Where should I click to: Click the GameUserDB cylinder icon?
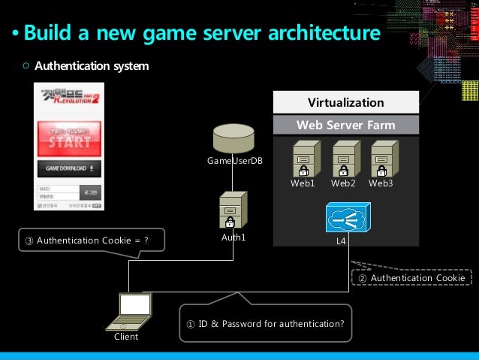233,138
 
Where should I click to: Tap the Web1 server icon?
303,159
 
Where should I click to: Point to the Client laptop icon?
128,312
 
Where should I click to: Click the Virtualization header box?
346,102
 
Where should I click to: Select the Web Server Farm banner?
346,125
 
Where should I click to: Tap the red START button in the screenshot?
71,141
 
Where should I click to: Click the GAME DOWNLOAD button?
71,168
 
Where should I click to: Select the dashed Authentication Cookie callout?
410,278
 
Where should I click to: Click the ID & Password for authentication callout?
265,324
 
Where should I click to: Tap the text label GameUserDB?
235,162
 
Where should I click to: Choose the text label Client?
126,337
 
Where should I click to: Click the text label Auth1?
233,237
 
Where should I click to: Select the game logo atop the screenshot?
71,100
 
